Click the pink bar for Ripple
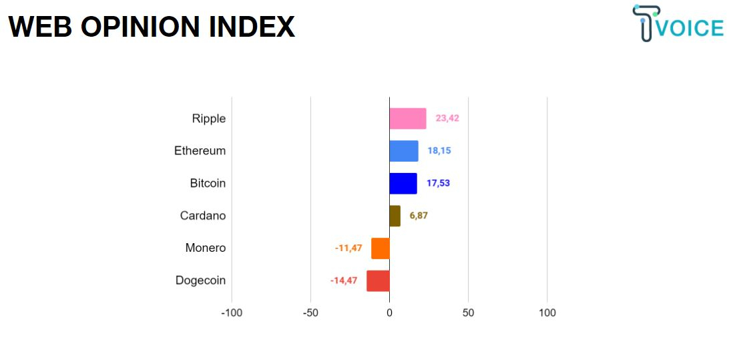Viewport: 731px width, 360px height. [408, 118]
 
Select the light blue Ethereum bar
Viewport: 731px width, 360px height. [404, 151]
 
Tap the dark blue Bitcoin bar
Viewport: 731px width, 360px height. [403, 183]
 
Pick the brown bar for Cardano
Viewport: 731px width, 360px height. [395, 216]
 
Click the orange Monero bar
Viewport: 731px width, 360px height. [381, 248]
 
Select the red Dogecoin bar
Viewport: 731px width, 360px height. [378, 281]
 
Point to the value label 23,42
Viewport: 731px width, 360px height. [447, 118]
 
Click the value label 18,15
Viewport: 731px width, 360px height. [439, 151]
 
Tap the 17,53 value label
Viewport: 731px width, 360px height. [438, 183]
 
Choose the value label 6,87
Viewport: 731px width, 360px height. [419, 216]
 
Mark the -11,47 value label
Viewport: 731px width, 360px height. [348, 248]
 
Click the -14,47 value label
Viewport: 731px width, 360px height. [344, 281]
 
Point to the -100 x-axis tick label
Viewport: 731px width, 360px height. [232, 313]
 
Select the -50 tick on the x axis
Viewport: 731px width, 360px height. [310, 313]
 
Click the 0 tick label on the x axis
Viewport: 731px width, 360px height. [390, 313]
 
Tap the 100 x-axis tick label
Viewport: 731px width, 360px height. [547, 313]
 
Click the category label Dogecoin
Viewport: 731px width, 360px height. [200, 281]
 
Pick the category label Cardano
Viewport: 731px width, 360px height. [203, 216]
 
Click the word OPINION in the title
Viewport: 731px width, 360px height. [141, 27]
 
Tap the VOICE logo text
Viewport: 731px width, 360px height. [690, 27]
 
